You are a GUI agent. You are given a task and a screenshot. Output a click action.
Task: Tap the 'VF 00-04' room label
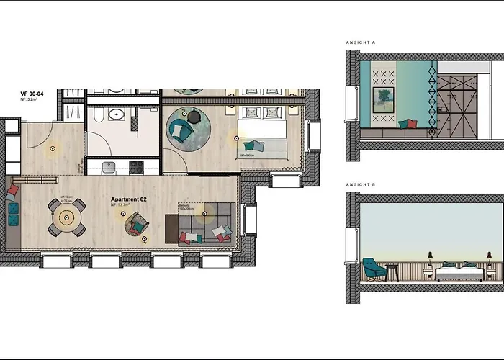pos(33,94)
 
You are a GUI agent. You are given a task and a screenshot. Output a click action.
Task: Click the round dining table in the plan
pos(67,215)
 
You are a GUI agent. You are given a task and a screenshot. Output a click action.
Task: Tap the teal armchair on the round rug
pos(179,130)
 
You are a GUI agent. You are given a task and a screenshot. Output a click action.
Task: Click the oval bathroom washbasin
pos(114,114)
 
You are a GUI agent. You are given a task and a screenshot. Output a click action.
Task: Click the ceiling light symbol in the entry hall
pos(52,149)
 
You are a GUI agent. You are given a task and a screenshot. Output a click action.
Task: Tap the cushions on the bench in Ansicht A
pos(408,124)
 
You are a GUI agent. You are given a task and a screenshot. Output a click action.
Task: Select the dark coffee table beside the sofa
pos(171,229)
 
